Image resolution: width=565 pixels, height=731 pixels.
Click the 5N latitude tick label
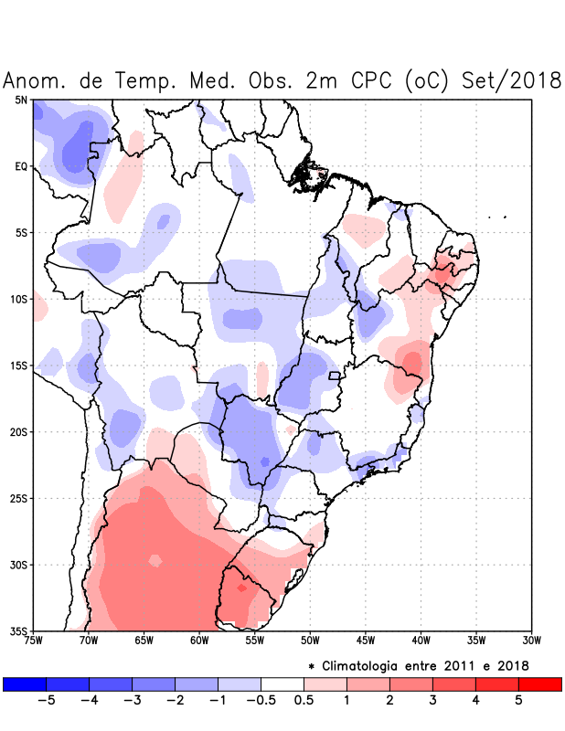21,100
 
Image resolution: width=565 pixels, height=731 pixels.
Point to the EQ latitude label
21,166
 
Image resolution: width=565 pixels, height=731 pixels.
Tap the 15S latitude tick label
18,365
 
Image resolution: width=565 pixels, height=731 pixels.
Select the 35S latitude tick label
18,630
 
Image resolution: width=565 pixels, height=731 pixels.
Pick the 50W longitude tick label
310,641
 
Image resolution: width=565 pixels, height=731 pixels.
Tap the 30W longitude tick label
531,641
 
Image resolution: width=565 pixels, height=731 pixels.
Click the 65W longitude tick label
144,641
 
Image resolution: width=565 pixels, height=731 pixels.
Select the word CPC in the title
368,80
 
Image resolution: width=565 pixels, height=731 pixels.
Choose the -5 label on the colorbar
46,702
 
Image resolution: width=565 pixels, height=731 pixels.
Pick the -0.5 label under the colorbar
261,702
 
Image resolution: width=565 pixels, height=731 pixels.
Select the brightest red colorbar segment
539,683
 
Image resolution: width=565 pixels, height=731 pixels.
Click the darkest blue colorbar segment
25,683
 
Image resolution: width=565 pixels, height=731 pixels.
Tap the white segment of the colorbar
282,683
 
